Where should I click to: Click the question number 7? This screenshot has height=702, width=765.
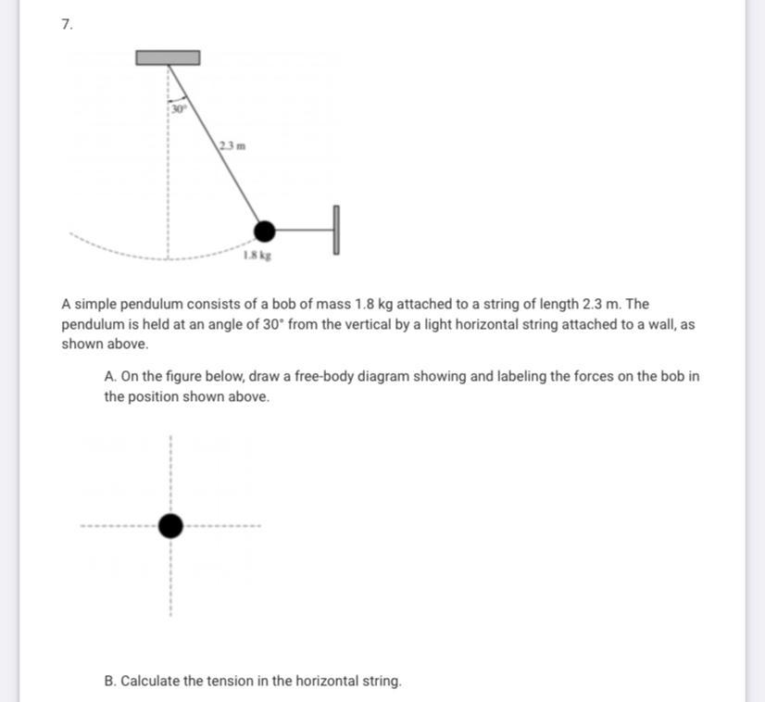click(66, 25)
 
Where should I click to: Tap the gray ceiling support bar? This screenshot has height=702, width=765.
click(168, 57)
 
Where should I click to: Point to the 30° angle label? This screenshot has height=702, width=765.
click(179, 108)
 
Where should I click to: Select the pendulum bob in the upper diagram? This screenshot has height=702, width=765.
click(265, 231)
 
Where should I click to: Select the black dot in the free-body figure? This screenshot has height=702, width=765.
click(170, 526)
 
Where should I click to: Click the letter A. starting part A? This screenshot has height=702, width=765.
click(110, 377)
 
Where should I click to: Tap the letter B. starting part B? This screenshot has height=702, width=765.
click(110, 681)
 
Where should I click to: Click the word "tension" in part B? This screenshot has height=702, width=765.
click(231, 681)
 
